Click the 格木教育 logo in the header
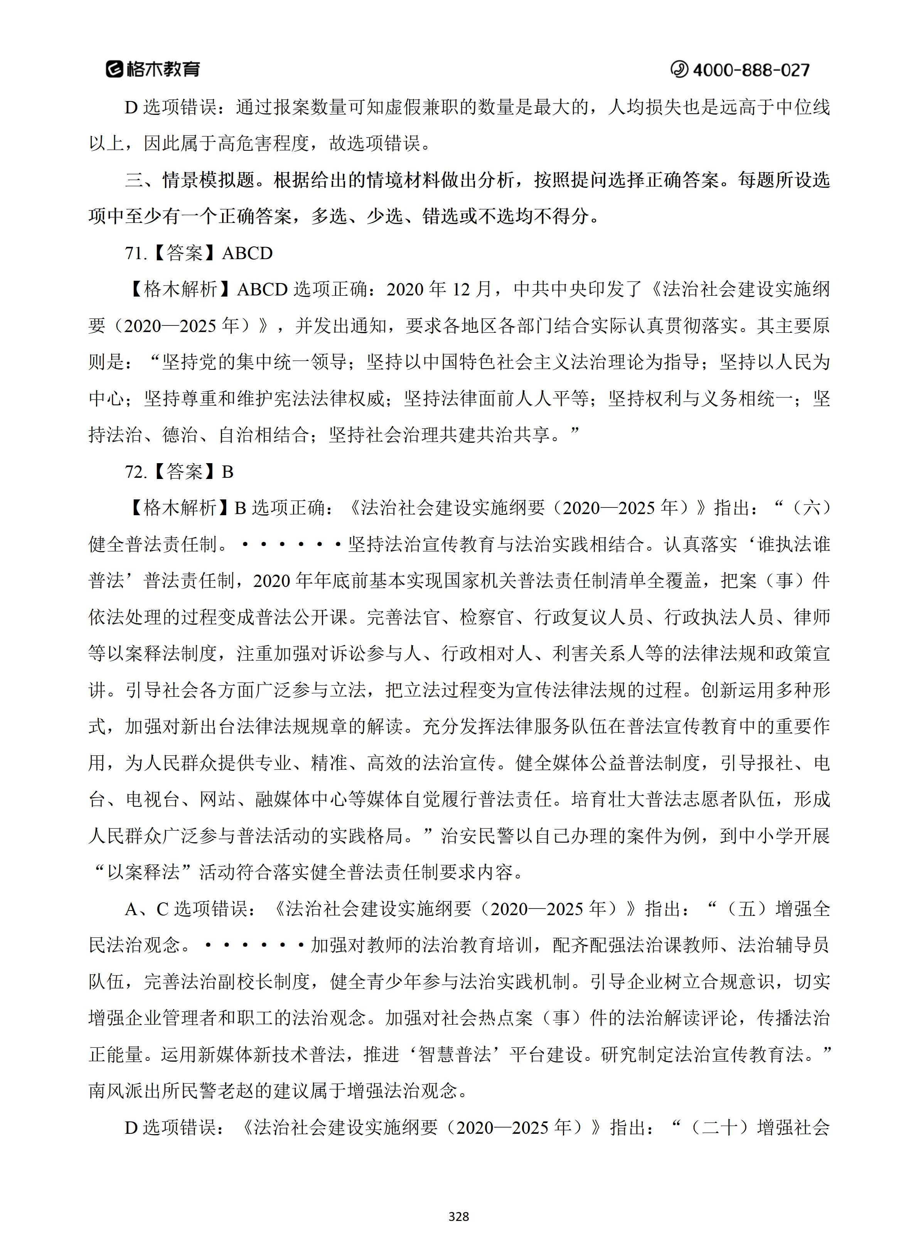[x=153, y=69]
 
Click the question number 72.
[x=135, y=472]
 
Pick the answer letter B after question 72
[x=228, y=472]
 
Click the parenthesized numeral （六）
[x=812, y=508]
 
